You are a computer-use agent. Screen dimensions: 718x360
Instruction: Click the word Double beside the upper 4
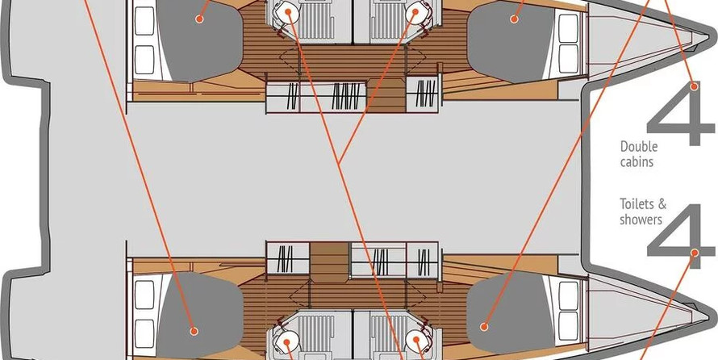point(639,147)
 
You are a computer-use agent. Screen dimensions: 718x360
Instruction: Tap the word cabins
point(637,161)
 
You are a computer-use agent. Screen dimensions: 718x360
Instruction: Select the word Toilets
point(636,203)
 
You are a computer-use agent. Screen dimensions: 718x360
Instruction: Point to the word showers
point(641,220)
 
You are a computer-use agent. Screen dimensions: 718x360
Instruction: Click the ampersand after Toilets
point(662,203)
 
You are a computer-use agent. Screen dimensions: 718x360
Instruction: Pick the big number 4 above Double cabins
point(680,114)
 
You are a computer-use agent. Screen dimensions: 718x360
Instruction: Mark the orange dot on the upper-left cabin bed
point(198,19)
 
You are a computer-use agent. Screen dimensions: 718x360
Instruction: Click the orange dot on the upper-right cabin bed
point(514,19)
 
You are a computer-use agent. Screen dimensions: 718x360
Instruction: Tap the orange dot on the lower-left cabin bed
point(194,331)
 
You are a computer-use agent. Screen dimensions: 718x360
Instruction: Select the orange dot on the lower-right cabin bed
point(483,327)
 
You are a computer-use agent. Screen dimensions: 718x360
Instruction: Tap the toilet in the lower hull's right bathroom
point(416,341)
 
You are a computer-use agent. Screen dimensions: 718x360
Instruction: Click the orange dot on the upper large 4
point(695,86)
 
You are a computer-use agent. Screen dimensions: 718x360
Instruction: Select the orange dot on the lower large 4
point(695,253)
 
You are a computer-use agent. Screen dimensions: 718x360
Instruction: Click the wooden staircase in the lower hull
point(330,262)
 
